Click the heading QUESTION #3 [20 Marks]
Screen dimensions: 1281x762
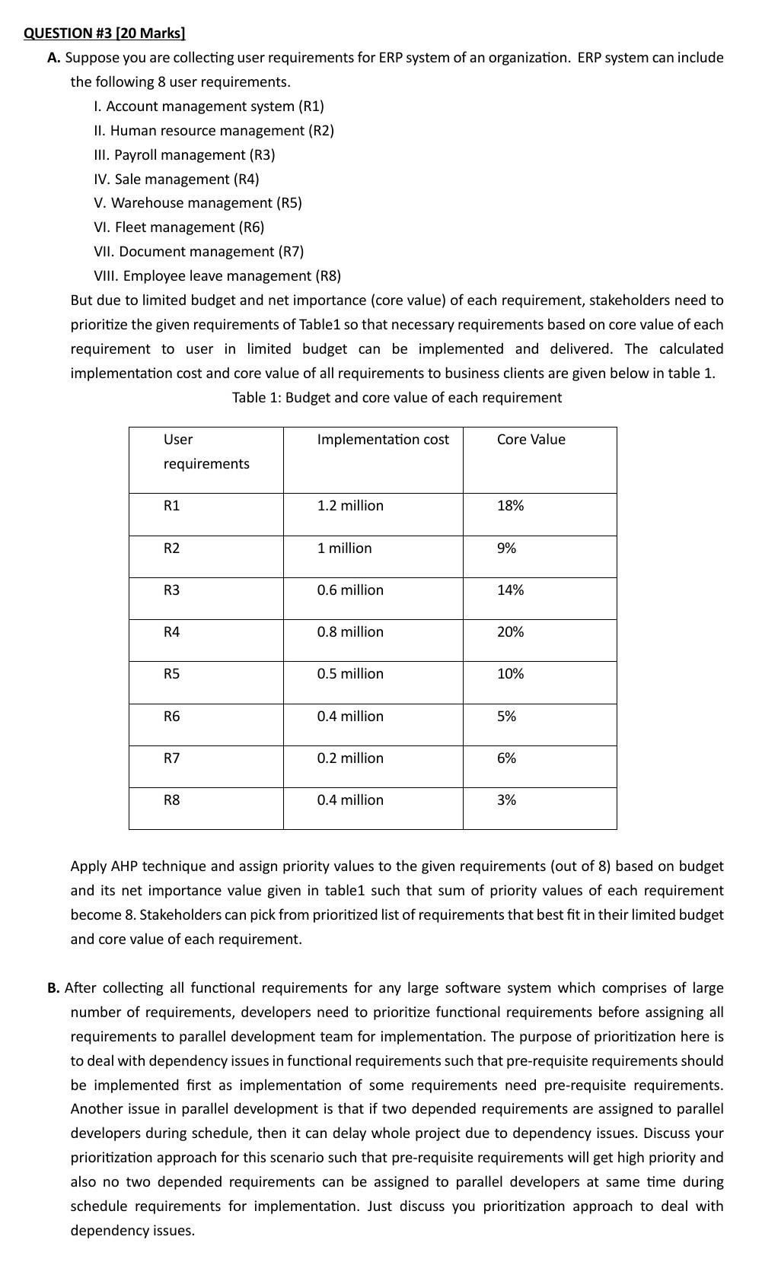104,33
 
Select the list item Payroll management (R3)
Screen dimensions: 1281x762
185,154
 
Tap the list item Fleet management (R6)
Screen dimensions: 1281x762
179,227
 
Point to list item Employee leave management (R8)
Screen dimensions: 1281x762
217,275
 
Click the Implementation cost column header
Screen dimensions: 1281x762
383,439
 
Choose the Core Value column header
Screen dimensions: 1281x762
531,439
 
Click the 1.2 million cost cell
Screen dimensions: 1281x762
350,505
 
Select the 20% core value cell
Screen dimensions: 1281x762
510,631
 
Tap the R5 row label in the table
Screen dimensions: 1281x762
172,673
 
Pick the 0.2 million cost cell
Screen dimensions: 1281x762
350,758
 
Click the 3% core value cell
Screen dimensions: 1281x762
506,799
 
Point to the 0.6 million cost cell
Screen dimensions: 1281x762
350,590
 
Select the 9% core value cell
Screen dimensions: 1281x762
506,548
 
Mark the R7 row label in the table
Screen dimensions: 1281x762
172,758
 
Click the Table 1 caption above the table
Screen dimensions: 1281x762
397,397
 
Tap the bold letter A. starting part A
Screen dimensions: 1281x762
53,58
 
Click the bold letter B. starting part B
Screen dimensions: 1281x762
53,987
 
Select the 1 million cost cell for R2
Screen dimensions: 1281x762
344,548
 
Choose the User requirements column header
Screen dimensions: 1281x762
206,451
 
